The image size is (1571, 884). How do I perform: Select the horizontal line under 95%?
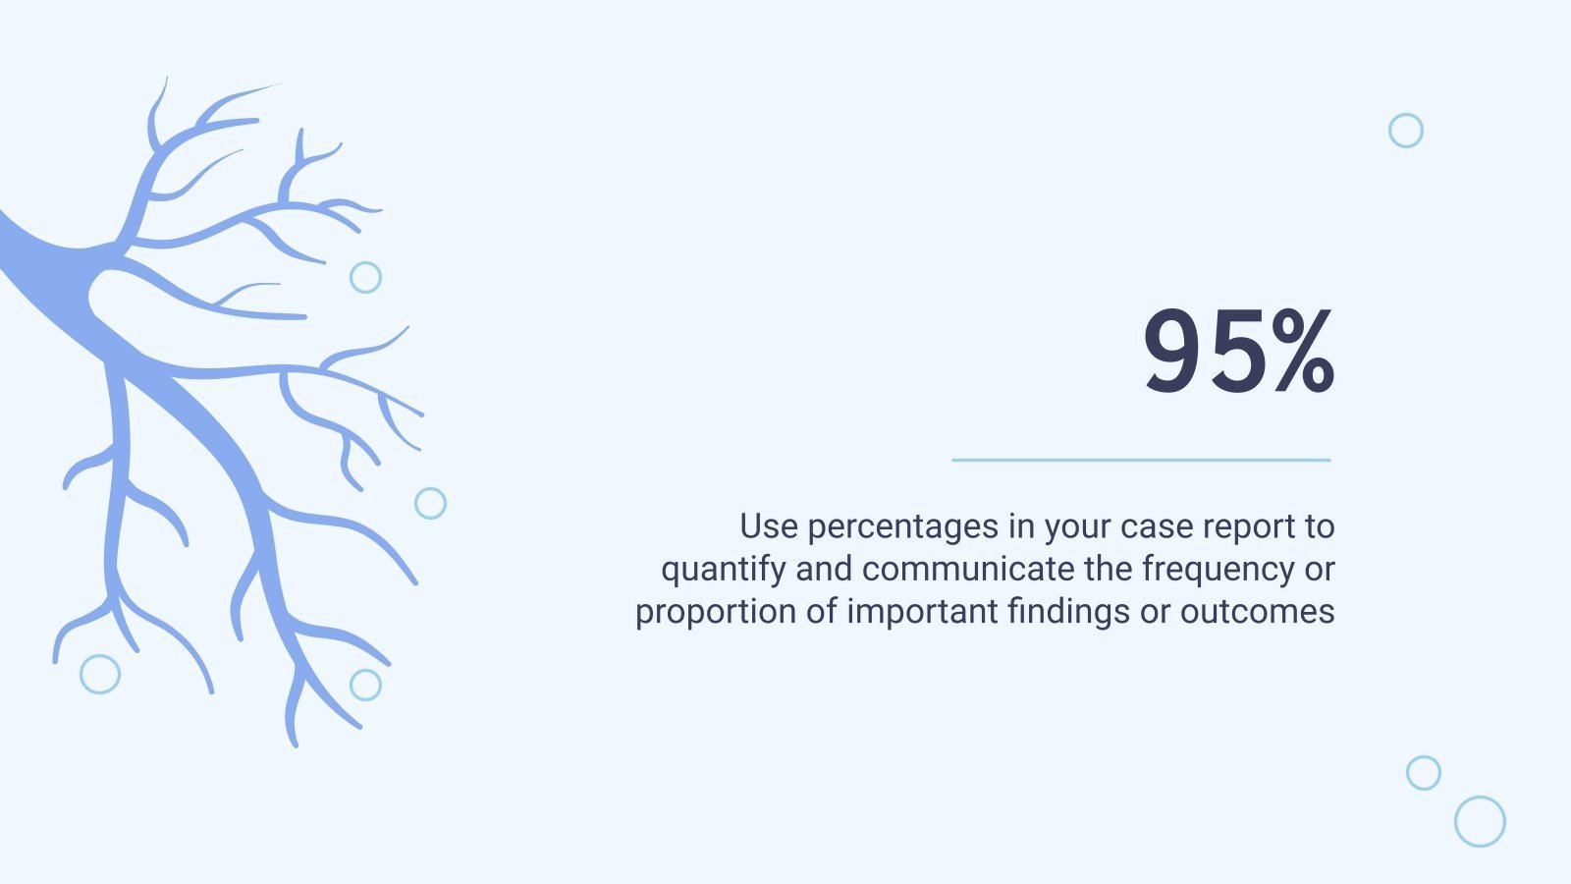pyautogui.click(x=1141, y=460)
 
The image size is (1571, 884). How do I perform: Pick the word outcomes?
pyautogui.click(x=1257, y=612)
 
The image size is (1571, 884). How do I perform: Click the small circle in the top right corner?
pyautogui.click(x=1406, y=131)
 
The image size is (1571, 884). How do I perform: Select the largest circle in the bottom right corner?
pyautogui.click(x=1480, y=822)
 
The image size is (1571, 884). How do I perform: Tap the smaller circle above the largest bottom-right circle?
pyautogui.click(x=1424, y=773)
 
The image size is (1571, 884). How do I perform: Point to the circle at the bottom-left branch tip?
pyautogui.click(x=100, y=675)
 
